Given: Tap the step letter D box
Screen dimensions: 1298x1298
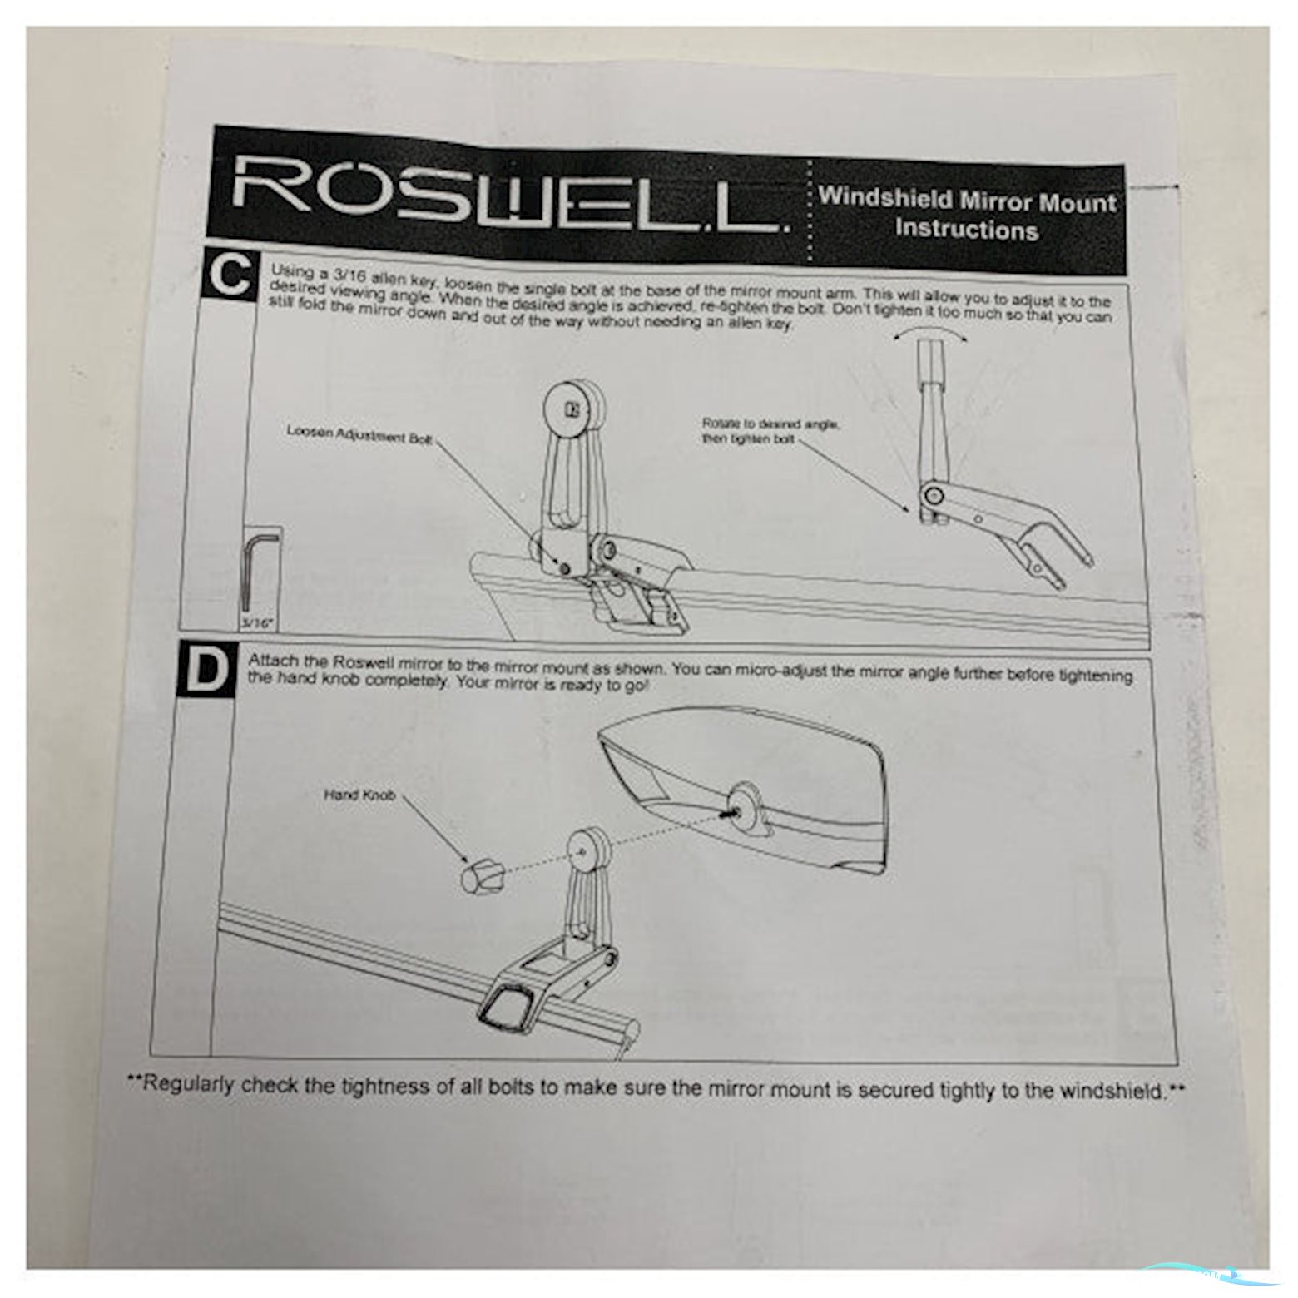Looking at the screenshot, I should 205,673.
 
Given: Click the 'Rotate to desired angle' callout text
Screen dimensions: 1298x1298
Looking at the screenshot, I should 770,431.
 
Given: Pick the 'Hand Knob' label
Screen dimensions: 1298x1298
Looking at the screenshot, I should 359,795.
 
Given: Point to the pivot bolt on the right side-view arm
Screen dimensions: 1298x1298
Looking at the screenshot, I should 930,498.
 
